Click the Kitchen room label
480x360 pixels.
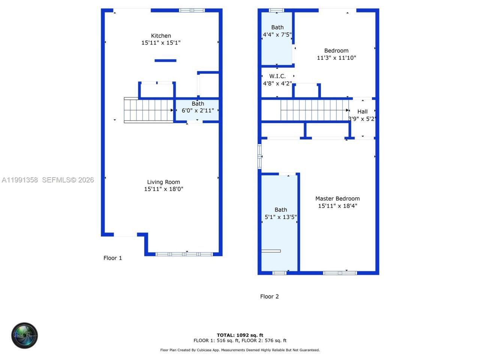pyautogui.click(x=161, y=36)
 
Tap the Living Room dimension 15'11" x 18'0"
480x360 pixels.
pyautogui.click(x=163, y=189)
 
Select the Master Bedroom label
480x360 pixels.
pyautogui.click(x=337, y=198)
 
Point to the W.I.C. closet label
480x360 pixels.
pyautogui.click(x=277, y=76)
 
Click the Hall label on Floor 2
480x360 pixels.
pyautogui.click(x=362, y=111)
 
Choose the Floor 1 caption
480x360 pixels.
pyautogui.click(x=112, y=258)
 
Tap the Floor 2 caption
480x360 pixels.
pyautogui.click(x=269, y=296)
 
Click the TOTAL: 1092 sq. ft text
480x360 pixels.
pyautogui.click(x=240, y=335)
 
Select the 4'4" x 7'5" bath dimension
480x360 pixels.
pyautogui.click(x=277, y=34)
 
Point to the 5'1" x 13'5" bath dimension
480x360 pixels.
pyautogui.click(x=280, y=217)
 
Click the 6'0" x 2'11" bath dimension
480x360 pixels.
pyautogui.click(x=198, y=110)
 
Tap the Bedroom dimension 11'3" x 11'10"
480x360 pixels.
pyautogui.click(x=336, y=58)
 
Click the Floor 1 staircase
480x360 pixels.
pyautogui.click(x=148, y=110)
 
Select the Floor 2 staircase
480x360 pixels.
pyautogui.click(x=314, y=110)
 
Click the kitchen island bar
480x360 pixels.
pyautogui.click(x=165, y=60)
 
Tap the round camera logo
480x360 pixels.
pyautogui.click(x=24, y=335)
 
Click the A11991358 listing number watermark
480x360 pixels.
pyautogui.click(x=19, y=180)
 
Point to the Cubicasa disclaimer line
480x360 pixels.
pyautogui.click(x=240, y=350)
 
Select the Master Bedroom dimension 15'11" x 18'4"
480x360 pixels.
pyautogui.click(x=337, y=205)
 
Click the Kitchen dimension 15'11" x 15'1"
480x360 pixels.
pyautogui.click(x=161, y=43)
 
